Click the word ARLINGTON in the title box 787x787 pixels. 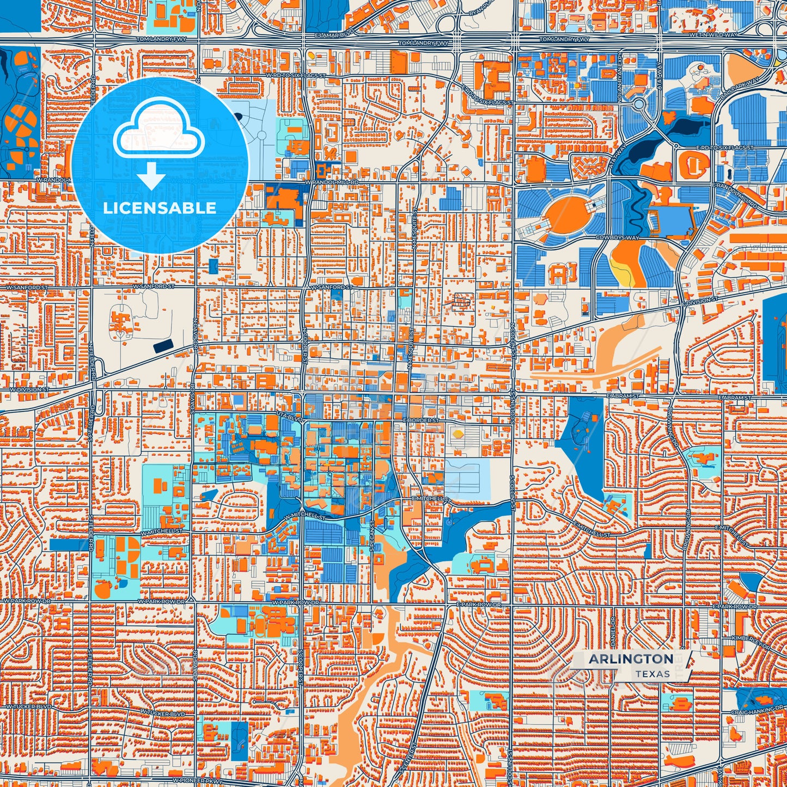[x=631, y=659]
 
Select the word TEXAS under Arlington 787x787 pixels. [x=652, y=674]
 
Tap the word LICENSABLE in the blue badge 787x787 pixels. [x=160, y=208]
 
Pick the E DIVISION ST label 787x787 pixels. [x=700, y=301]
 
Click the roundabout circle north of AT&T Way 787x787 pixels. [x=639, y=103]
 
